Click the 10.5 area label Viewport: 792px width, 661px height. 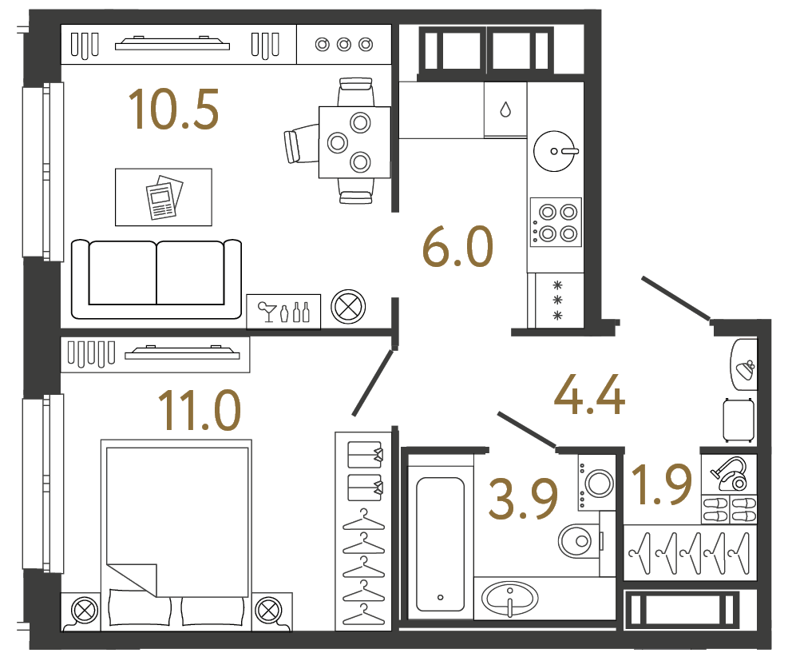pyautogui.click(x=174, y=110)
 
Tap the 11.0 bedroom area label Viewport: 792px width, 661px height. pyautogui.click(x=199, y=410)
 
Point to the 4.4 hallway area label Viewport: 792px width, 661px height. pyautogui.click(x=589, y=390)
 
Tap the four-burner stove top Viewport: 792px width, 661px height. pyautogui.click(x=556, y=223)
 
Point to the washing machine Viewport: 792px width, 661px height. pyautogui.click(x=597, y=481)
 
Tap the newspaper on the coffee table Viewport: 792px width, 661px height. pyautogui.click(x=164, y=197)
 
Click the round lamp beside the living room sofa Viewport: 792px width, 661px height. pyautogui.click(x=348, y=307)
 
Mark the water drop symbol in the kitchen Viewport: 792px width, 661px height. pyautogui.click(x=506, y=110)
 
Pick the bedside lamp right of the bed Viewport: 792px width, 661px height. pyautogui.click(x=269, y=611)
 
